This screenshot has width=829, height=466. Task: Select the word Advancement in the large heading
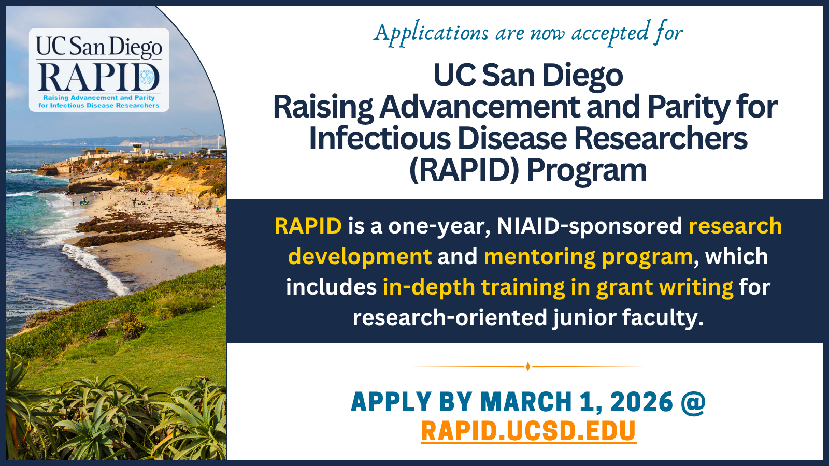click(x=480, y=107)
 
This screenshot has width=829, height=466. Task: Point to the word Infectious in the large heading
click(x=380, y=138)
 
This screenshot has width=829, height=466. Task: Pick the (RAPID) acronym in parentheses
click(x=464, y=171)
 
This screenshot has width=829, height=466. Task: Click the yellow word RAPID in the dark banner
click(x=308, y=226)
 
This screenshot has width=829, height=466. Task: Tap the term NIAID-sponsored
click(x=589, y=226)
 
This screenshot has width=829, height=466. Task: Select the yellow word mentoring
click(x=539, y=257)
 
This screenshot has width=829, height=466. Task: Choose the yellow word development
click(x=360, y=257)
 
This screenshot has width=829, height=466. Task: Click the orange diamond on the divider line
click(x=528, y=367)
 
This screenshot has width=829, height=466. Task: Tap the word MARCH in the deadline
click(x=526, y=402)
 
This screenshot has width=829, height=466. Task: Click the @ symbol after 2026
click(x=693, y=402)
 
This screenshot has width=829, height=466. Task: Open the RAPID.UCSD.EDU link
click(x=528, y=431)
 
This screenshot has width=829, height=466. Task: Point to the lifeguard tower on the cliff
click(x=137, y=148)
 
